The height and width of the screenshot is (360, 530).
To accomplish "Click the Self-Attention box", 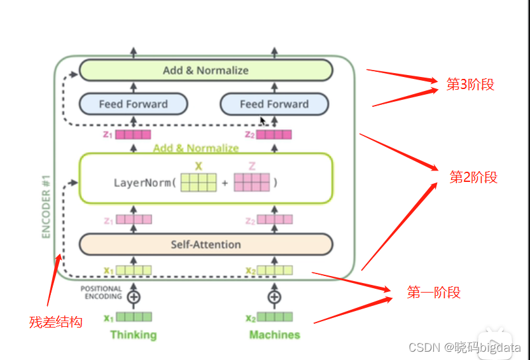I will tap(206, 244).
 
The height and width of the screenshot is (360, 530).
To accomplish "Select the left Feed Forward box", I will tap(133, 104).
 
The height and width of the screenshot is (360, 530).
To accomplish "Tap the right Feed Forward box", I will tap(274, 104).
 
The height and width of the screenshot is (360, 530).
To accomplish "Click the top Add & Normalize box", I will tap(206, 70).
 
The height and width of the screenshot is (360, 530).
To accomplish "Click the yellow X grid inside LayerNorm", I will tap(199, 183).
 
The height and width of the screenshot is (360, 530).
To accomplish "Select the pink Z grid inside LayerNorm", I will tap(252, 183).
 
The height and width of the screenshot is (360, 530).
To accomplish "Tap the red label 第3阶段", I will tap(470, 85).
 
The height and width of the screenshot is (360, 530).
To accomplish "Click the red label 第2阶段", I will tap(473, 177).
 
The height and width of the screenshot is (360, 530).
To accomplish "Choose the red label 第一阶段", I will tap(433, 293).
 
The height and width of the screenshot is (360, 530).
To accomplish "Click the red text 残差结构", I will tap(55, 322).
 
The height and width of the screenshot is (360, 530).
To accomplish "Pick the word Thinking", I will tap(133, 335).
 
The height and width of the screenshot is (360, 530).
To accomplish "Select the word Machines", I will tap(274, 335).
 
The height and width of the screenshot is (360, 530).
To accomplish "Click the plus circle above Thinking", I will tap(134, 297).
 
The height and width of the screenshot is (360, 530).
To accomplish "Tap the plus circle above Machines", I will tap(274, 297).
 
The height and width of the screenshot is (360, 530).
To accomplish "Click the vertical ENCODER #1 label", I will tap(46, 211).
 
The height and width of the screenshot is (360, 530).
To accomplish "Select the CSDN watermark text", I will tap(464, 347).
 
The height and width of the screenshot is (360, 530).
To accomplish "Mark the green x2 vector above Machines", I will tap(274, 317).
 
